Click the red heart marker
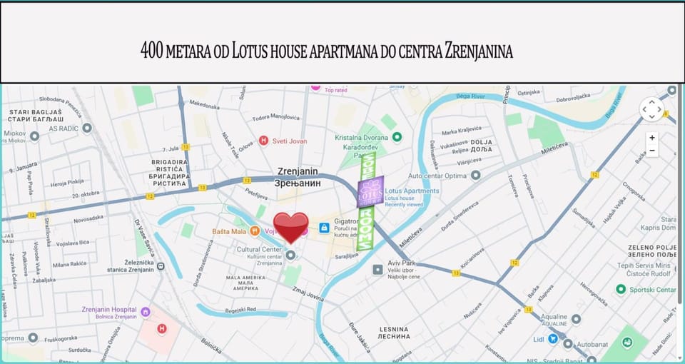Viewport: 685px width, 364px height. point(291,227)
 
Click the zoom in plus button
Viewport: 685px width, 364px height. point(652,137)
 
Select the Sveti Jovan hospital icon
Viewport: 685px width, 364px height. point(263,141)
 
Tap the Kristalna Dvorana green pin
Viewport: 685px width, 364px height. point(397,137)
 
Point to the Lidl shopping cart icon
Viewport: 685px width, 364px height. point(553,338)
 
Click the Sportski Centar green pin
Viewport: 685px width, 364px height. point(621,289)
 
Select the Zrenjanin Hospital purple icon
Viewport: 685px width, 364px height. point(146,311)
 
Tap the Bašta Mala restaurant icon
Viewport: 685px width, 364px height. point(255,231)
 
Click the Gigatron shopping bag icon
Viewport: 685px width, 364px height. point(324,227)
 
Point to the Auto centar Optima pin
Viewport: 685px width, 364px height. point(475,175)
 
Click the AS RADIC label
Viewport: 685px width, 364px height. point(63,128)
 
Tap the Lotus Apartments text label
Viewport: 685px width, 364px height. point(412,191)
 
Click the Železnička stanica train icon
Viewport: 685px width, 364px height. point(161,266)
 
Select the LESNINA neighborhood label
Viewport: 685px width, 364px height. point(394,332)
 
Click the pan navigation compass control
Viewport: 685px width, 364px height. point(651,109)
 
